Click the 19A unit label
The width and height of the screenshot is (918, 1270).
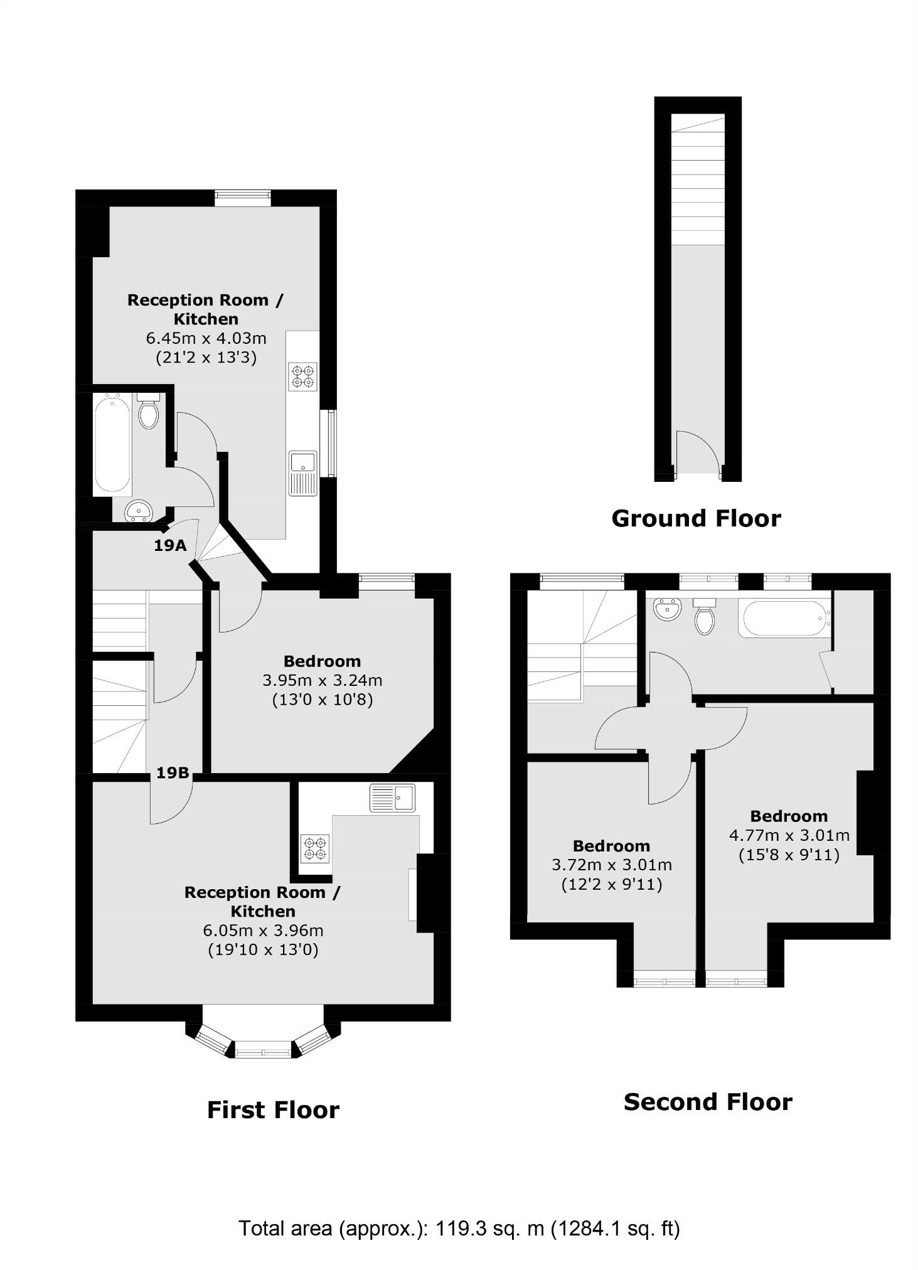[170, 545]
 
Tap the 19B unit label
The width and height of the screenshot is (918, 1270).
[173, 772]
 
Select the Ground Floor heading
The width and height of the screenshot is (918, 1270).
[696, 518]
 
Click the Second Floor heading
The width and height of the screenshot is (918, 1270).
[708, 1102]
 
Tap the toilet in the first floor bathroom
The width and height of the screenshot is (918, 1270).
[149, 412]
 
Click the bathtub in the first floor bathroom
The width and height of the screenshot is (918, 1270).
[112, 444]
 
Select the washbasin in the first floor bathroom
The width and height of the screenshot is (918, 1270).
[139, 511]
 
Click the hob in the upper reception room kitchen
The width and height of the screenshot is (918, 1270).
[302, 376]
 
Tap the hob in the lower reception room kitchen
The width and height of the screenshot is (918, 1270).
[315, 848]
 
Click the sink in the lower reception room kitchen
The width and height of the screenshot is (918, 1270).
[392, 798]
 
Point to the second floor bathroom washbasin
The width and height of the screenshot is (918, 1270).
[667, 609]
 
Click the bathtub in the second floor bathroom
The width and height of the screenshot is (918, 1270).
[784, 619]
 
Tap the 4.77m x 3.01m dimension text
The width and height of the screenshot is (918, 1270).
[789, 835]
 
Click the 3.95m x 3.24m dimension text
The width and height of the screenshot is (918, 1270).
[323, 680]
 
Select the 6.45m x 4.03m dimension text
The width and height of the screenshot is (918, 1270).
[206, 339]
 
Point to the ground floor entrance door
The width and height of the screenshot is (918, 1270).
[697, 453]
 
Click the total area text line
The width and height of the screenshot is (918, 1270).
[459, 1228]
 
